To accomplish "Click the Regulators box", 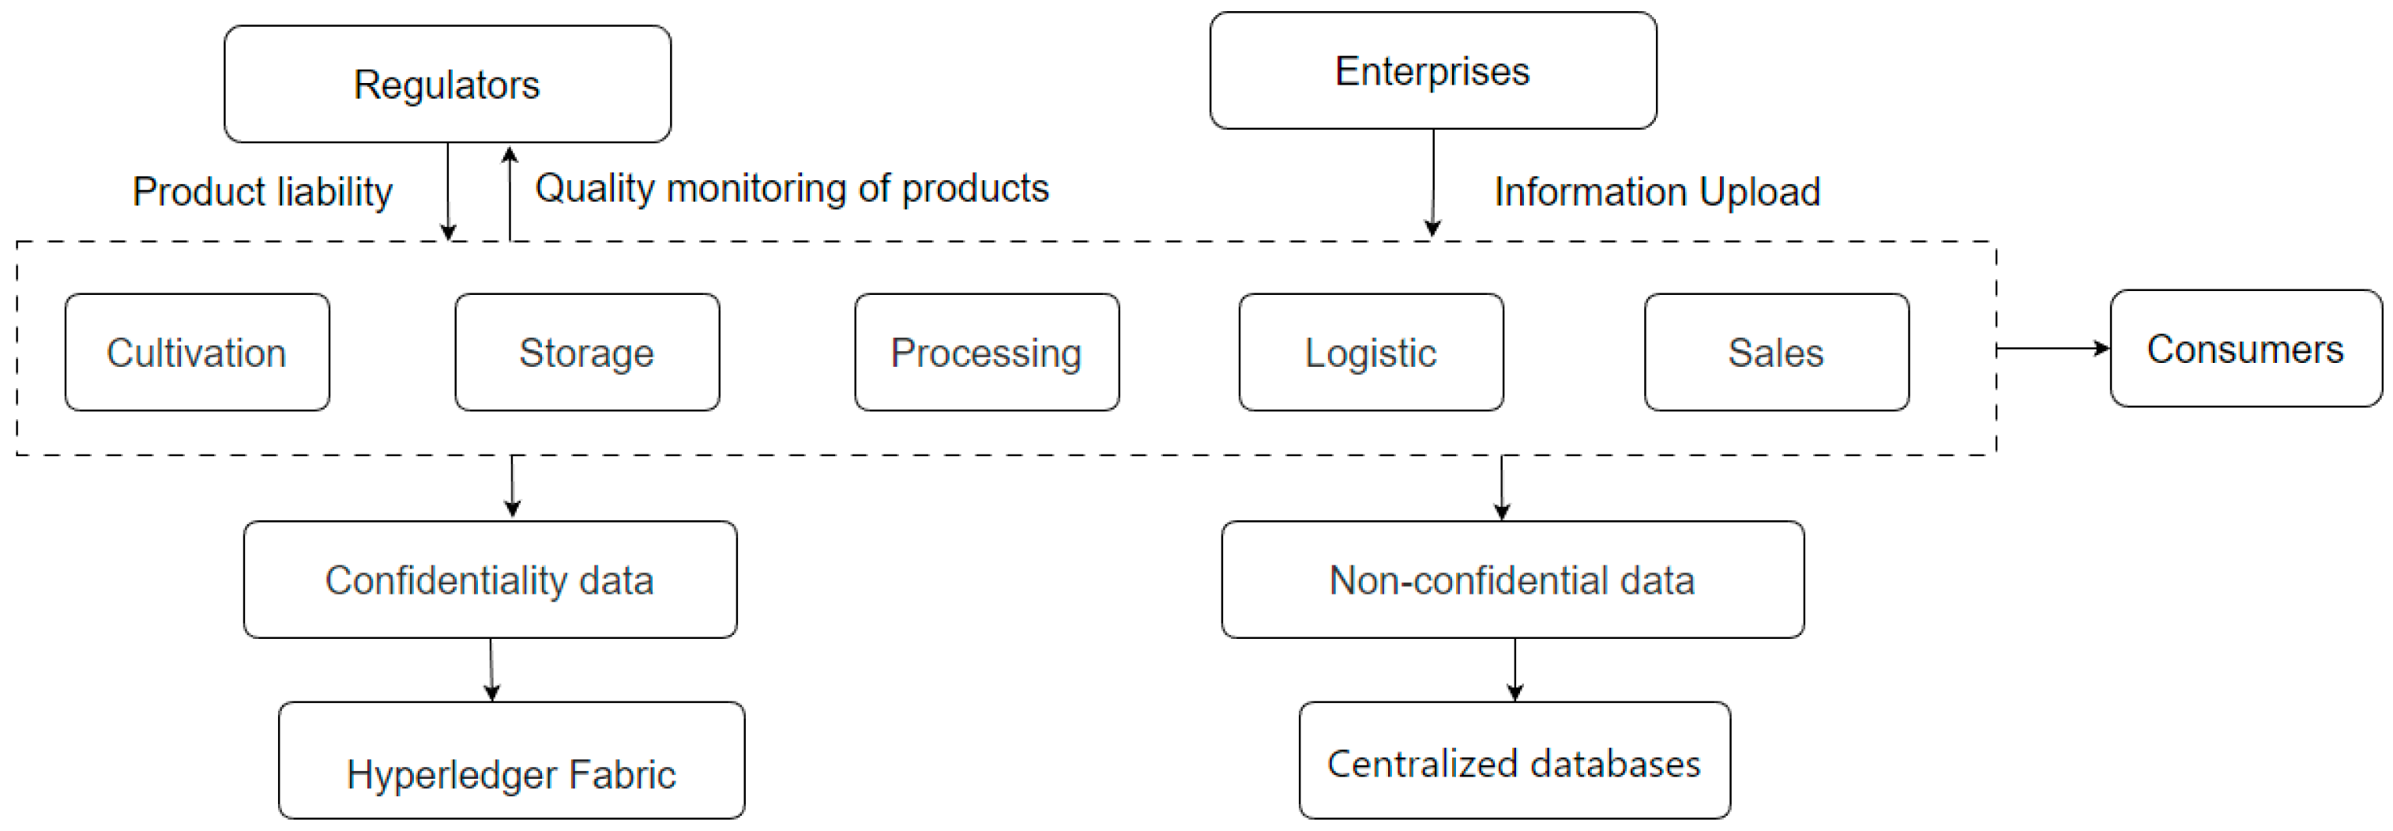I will tap(447, 84).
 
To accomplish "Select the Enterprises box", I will tap(1432, 70).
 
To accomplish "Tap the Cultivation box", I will tap(197, 353).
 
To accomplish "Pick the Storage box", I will tap(587, 353).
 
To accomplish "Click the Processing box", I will tap(987, 353).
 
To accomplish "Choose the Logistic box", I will tap(1371, 353).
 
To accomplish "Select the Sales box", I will tap(1776, 353).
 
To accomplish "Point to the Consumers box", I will tap(2245, 349).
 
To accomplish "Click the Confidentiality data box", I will tap(490, 580).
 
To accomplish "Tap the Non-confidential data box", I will tap(1512, 580).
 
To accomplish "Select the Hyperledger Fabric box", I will tap(511, 761).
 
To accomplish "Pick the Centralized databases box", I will tap(1514, 761).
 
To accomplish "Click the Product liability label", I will tap(263, 191).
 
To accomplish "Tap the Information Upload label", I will tap(1657, 191).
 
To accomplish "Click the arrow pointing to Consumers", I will tap(2053, 349).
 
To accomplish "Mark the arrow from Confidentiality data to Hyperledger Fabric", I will tap(491, 669).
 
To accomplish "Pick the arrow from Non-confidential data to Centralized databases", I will tap(1515, 669).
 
